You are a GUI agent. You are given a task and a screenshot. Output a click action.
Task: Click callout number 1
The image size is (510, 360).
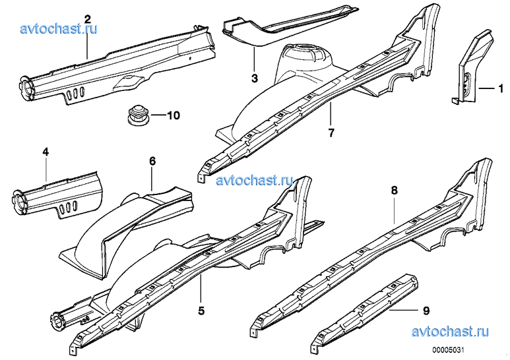[x=501, y=88]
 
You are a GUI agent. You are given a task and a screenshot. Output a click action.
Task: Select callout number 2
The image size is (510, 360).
[x=87, y=19]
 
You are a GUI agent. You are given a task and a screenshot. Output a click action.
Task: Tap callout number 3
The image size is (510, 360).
[x=255, y=78]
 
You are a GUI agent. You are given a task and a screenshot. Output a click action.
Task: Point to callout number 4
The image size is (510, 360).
[x=46, y=152]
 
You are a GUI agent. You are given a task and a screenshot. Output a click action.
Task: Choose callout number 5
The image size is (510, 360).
[x=201, y=311]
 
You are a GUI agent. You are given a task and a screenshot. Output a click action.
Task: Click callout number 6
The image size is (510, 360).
[x=152, y=161]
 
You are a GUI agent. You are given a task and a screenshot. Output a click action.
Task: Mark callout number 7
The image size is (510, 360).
[x=331, y=133]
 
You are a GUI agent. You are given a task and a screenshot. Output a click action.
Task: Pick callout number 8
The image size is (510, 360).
[x=394, y=191]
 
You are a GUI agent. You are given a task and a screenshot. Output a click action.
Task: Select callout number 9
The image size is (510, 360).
[x=426, y=311]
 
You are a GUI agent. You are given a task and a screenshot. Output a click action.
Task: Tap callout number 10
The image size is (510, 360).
[x=174, y=115]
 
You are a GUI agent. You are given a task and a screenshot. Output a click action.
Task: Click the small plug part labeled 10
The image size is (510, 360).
[x=138, y=115]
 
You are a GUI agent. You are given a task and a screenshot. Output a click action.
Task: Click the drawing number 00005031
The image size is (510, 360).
[x=448, y=350]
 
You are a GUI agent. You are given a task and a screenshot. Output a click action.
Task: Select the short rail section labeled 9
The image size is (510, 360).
[x=364, y=311]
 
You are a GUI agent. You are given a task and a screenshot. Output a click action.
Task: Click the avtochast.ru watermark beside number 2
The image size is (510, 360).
[x=59, y=28]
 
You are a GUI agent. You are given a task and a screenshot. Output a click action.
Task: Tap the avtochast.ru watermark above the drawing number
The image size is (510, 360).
[x=450, y=332]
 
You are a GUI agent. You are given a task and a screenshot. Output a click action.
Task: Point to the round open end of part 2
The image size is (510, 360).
[x=26, y=86]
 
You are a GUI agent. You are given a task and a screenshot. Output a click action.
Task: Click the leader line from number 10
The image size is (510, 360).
[x=158, y=115]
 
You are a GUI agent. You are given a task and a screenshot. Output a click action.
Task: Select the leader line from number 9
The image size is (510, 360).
[x=403, y=310]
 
